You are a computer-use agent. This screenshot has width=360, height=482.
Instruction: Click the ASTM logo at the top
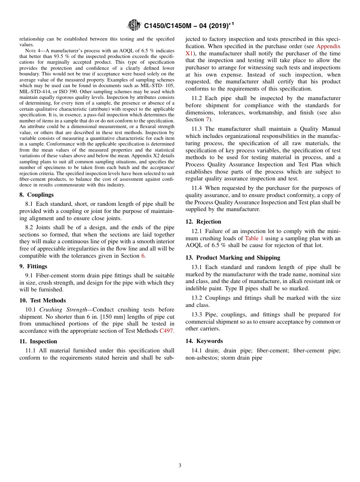pyautogui.click(x=134, y=25)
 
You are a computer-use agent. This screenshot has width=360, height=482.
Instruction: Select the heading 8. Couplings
pyautogui.click(x=37, y=195)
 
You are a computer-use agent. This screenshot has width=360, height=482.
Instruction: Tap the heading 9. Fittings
pyautogui.click(x=33, y=266)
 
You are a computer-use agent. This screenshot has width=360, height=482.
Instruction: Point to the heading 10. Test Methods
pyautogui.click(x=42, y=300)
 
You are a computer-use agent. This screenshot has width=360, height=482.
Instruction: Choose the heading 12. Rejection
pyautogui.click(x=203, y=222)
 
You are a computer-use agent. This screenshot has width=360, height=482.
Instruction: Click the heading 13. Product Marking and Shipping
pyautogui.click(x=233, y=258)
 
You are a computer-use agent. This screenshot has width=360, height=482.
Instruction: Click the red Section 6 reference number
pyautogui.click(x=143, y=256)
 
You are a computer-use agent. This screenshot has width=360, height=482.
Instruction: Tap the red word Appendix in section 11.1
pyautogui.click(x=328, y=46)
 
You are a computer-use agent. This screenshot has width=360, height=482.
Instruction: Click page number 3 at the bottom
pyautogui.click(x=180, y=465)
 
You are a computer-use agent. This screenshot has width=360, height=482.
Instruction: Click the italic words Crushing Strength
pyautogui.click(x=63, y=310)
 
